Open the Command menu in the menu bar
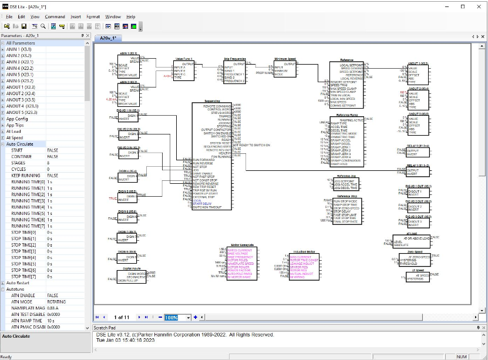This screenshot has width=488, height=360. [x=55, y=16]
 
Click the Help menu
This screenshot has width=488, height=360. [x=130, y=16]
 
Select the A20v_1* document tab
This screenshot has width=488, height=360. [x=107, y=38]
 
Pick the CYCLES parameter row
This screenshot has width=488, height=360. [x=19, y=169]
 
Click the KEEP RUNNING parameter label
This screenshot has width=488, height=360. [x=26, y=176]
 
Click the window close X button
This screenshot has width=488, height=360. [x=478, y=6]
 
